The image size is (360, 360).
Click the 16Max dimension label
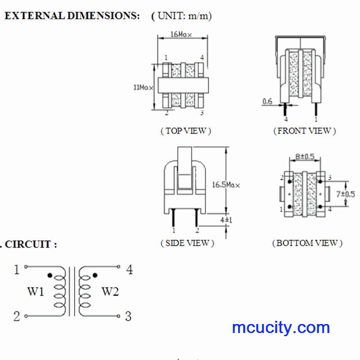click(181, 35)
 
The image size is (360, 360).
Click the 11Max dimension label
click(143, 87)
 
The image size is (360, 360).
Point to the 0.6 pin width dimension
click(267, 101)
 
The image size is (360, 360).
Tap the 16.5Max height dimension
click(226, 185)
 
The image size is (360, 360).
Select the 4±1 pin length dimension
click(226, 220)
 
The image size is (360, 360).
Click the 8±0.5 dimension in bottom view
click(305, 157)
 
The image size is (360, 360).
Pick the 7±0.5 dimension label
click(346, 194)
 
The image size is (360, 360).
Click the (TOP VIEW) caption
click(186, 131)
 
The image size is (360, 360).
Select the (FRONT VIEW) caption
click(305, 131)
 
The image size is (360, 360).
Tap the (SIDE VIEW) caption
click(187, 243)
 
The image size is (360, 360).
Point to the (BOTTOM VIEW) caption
click(307, 243)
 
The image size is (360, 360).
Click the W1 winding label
click(36, 292)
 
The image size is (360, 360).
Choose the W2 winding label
click(110, 292)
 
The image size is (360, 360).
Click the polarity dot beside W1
click(49, 275)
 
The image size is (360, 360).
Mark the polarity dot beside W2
click(95, 275)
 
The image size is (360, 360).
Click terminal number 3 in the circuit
click(128, 316)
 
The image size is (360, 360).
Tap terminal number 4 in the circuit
click(130, 270)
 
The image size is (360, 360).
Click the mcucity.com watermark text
click(281, 328)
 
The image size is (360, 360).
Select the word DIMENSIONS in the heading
click(103, 16)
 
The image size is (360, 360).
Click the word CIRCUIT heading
click(28, 244)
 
